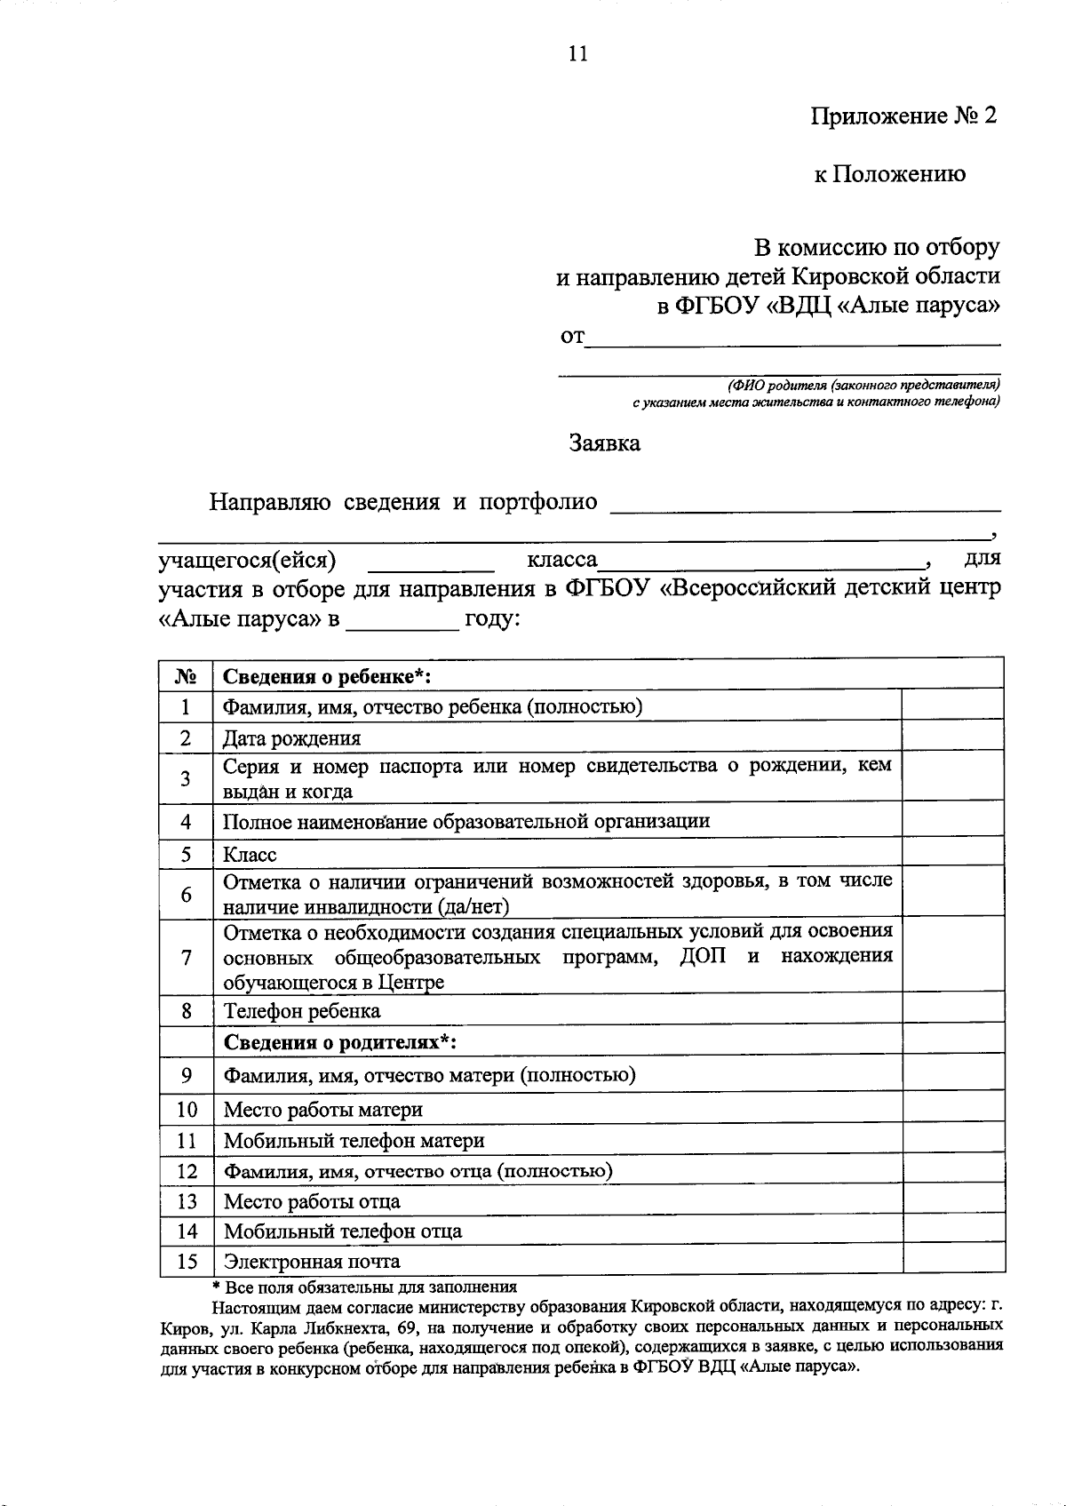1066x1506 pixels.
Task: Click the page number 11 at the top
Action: pyautogui.click(x=577, y=54)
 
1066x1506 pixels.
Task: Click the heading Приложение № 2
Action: pyautogui.click(x=903, y=116)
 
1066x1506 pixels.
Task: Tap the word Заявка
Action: pyautogui.click(x=605, y=442)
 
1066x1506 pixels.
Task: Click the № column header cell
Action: pyautogui.click(x=186, y=677)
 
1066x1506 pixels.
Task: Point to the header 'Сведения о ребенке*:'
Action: pyautogui.click(x=327, y=677)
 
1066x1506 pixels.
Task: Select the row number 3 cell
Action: pyautogui.click(x=186, y=779)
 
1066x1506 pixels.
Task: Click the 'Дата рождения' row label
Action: pyautogui.click(x=292, y=738)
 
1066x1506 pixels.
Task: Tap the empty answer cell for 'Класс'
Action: pyautogui.click(x=952, y=855)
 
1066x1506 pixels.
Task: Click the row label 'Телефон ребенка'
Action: pyautogui.click(x=302, y=1011)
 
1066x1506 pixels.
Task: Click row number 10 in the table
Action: pyautogui.click(x=187, y=1110)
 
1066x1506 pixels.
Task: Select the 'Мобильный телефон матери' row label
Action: pyautogui.click(x=354, y=1141)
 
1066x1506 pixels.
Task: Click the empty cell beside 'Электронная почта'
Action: pyautogui.click(x=952, y=1262)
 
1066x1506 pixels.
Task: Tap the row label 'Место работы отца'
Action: pyautogui.click(x=312, y=1202)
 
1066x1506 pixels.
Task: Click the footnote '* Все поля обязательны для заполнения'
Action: pyautogui.click(x=364, y=1287)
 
